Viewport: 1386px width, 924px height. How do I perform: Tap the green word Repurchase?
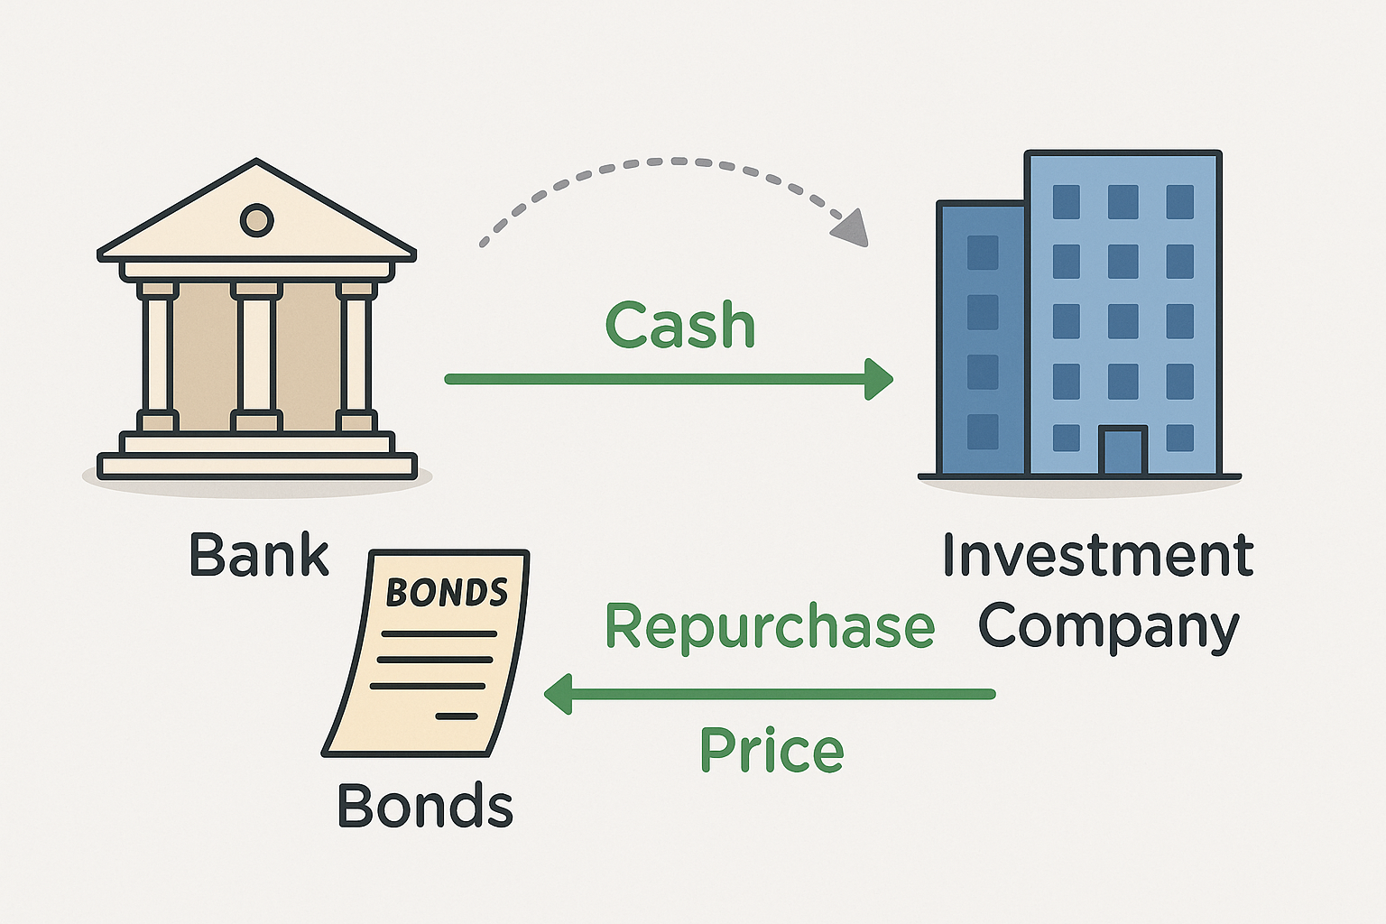[769, 626]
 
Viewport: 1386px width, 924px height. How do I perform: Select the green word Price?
[772, 750]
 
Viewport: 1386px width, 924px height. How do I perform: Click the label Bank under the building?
[259, 555]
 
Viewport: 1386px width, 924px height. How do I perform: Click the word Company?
[1109, 627]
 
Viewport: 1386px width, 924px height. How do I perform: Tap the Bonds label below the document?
[425, 805]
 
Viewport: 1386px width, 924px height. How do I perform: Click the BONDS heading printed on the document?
[447, 593]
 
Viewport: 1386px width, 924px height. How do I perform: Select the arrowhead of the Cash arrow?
[879, 379]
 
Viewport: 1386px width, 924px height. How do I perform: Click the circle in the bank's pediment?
[256, 219]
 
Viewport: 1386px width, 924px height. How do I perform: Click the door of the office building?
[1123, 451]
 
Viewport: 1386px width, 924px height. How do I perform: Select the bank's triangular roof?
[256, 217]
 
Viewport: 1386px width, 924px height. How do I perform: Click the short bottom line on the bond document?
[457, 716]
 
